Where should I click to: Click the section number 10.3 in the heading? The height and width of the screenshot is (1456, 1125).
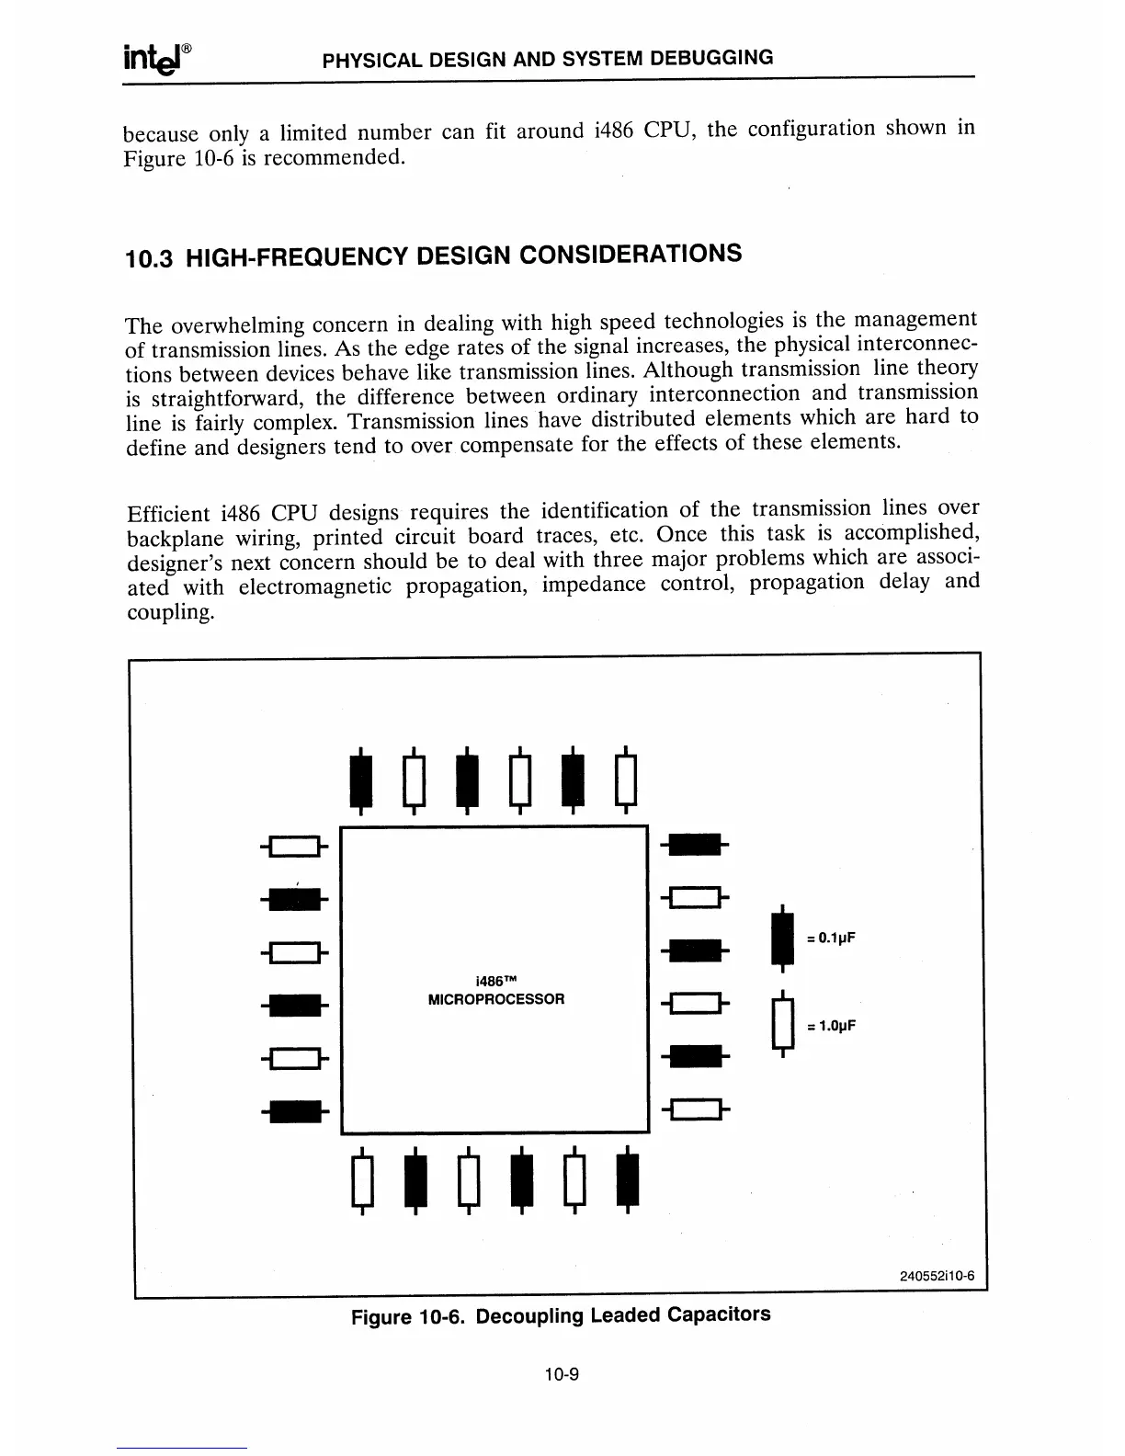pyautogui.click(x=146, y=259)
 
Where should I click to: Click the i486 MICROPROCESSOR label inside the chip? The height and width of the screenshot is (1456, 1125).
pyautogui.click(x=496, y=990)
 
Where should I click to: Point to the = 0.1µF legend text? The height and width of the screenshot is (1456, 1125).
pyautogui.click(x=831, y=938)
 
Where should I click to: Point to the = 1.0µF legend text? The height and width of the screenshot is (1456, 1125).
pyautogui.click(x=831, y=1026)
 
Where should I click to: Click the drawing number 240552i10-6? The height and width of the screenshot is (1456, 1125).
pyautogui.click(x=937, y=1276)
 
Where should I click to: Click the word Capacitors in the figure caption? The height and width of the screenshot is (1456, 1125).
pyautogui.click(x=719, y=1314)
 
